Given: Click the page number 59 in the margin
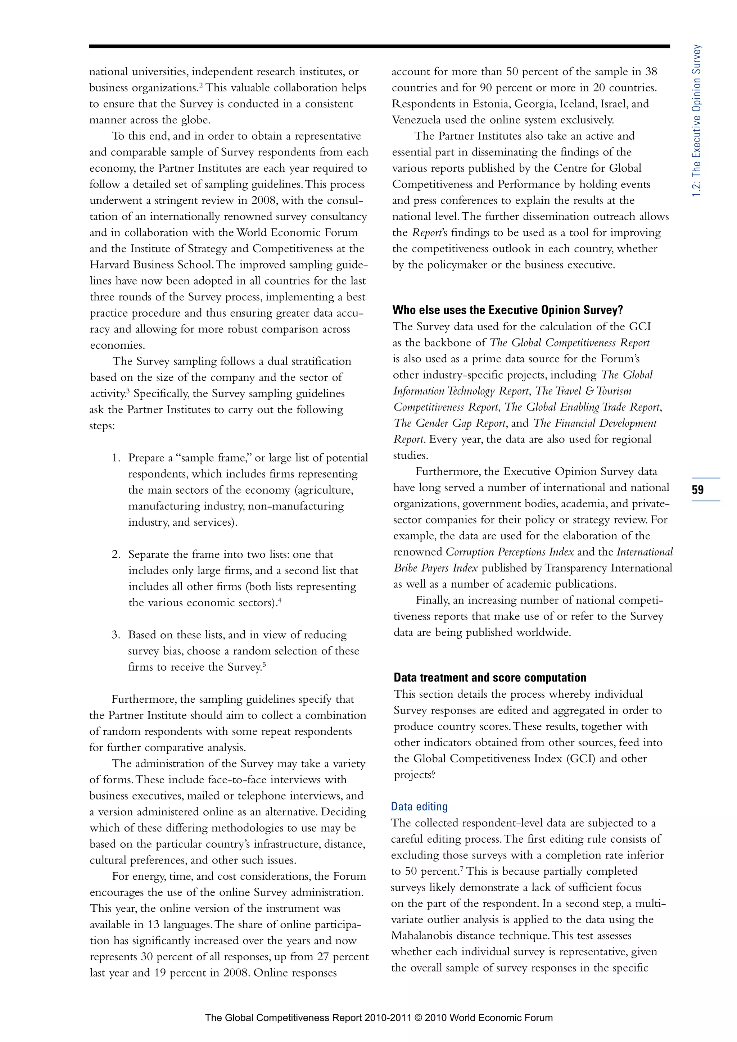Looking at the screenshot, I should point(697,490).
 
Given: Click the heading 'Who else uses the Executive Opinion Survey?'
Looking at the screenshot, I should point(507,310).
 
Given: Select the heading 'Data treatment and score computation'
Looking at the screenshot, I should point(490,678).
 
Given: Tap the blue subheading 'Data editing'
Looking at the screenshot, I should point(419,806).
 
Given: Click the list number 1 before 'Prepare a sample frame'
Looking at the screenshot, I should point(115,458).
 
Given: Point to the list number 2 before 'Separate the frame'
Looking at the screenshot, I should point(115,554).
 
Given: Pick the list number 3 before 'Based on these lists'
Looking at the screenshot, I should point(115,635).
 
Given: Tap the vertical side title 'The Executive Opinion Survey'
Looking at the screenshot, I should point(697,120).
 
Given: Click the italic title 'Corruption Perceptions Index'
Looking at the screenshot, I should point(510,552).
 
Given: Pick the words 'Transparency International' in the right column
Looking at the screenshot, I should point(608,568).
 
